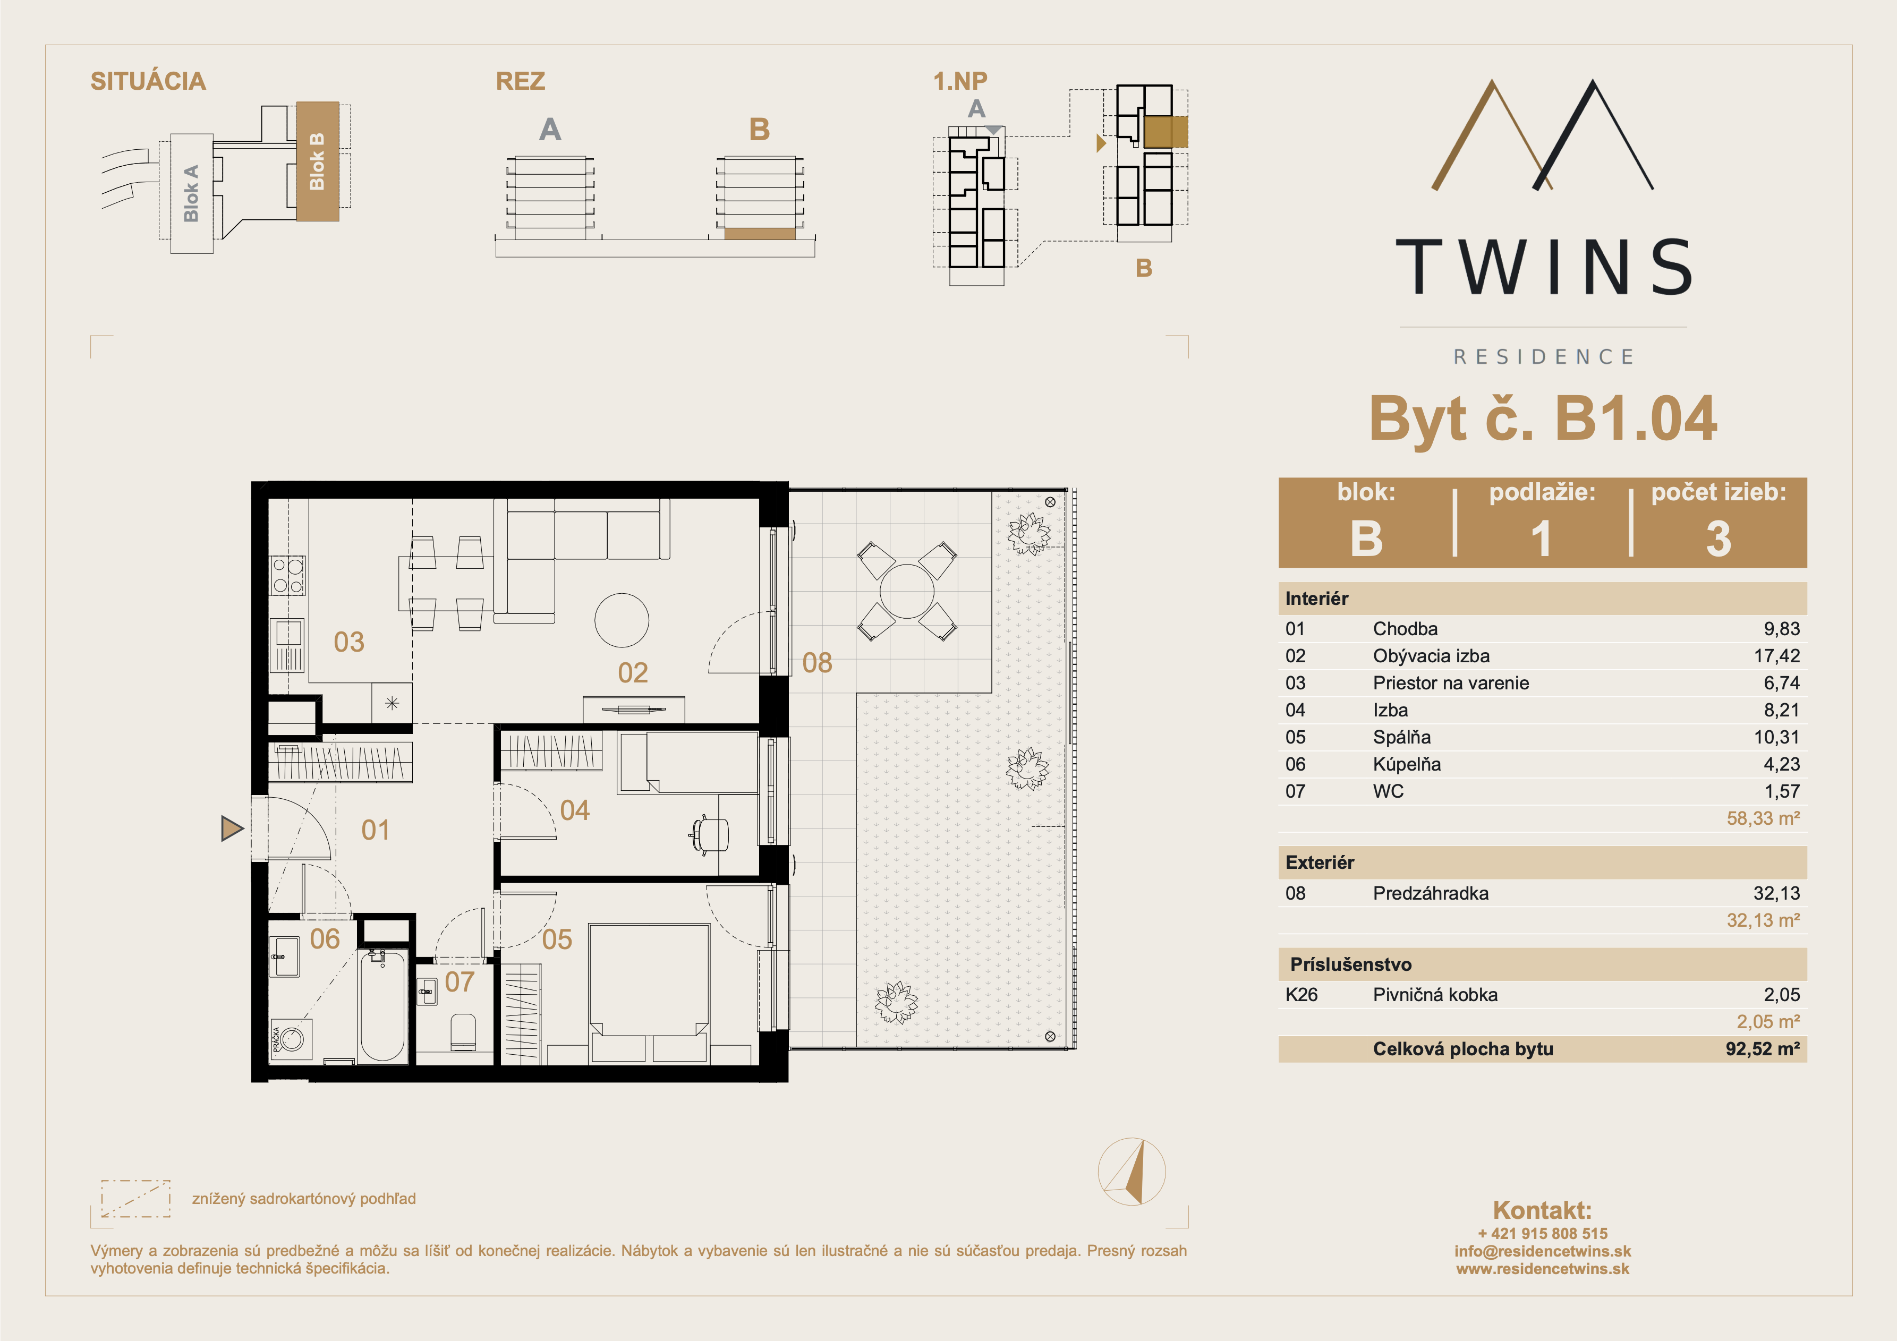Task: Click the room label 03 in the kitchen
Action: click(348, 642)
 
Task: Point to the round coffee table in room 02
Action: click(622, 620)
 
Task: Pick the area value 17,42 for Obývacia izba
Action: click(1776, 656)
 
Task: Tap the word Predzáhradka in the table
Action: click(1430, 893)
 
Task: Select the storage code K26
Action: click(1301, 995)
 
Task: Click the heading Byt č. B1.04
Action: click(1543, 419)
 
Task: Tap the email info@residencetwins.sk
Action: click(1543, 1251)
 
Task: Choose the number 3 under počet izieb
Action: click(1719, 539)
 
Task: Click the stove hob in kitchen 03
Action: click(287, 575)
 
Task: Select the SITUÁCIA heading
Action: click(148, 81)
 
